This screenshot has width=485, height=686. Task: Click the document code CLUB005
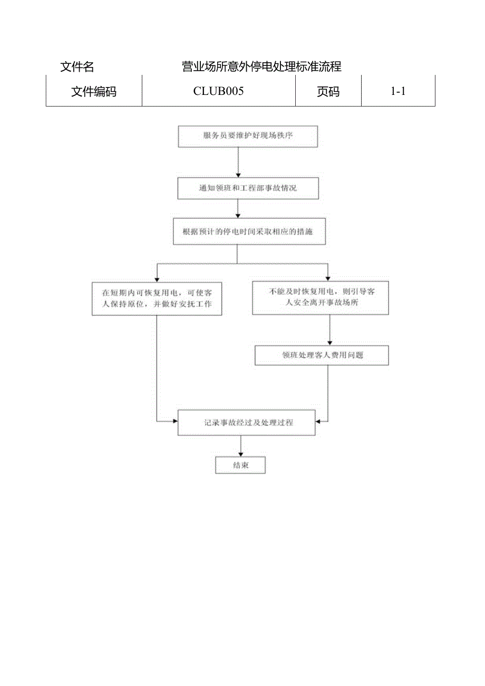[x=218, y=91]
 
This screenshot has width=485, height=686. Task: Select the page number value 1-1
[x=397, y=91]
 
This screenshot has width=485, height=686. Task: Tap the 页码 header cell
[x=328, y=91]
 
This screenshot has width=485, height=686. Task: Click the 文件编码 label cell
[x=94, y=92]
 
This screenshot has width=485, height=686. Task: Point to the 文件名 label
[x=77, y=67]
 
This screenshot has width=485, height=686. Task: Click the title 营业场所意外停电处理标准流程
[x=261, y=66]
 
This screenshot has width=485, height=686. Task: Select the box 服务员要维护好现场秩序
[x=248, y=136]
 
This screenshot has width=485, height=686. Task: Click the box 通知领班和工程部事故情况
[x=248, y=188]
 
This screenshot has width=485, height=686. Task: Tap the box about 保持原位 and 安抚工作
[x=157, y=299]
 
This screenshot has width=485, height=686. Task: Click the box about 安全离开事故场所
[x=320, y=298]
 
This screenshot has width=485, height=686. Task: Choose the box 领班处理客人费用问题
[x=322, y=355]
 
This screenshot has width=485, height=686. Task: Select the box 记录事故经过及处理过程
[x=246, y=422]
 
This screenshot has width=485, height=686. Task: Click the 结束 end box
[x=240, y=465]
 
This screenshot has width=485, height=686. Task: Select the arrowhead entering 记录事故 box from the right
[x=318, y=421]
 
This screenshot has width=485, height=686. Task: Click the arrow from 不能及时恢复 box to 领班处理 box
[x=329, y=331]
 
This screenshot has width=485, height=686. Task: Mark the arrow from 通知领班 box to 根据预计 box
[x=238, y=209]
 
